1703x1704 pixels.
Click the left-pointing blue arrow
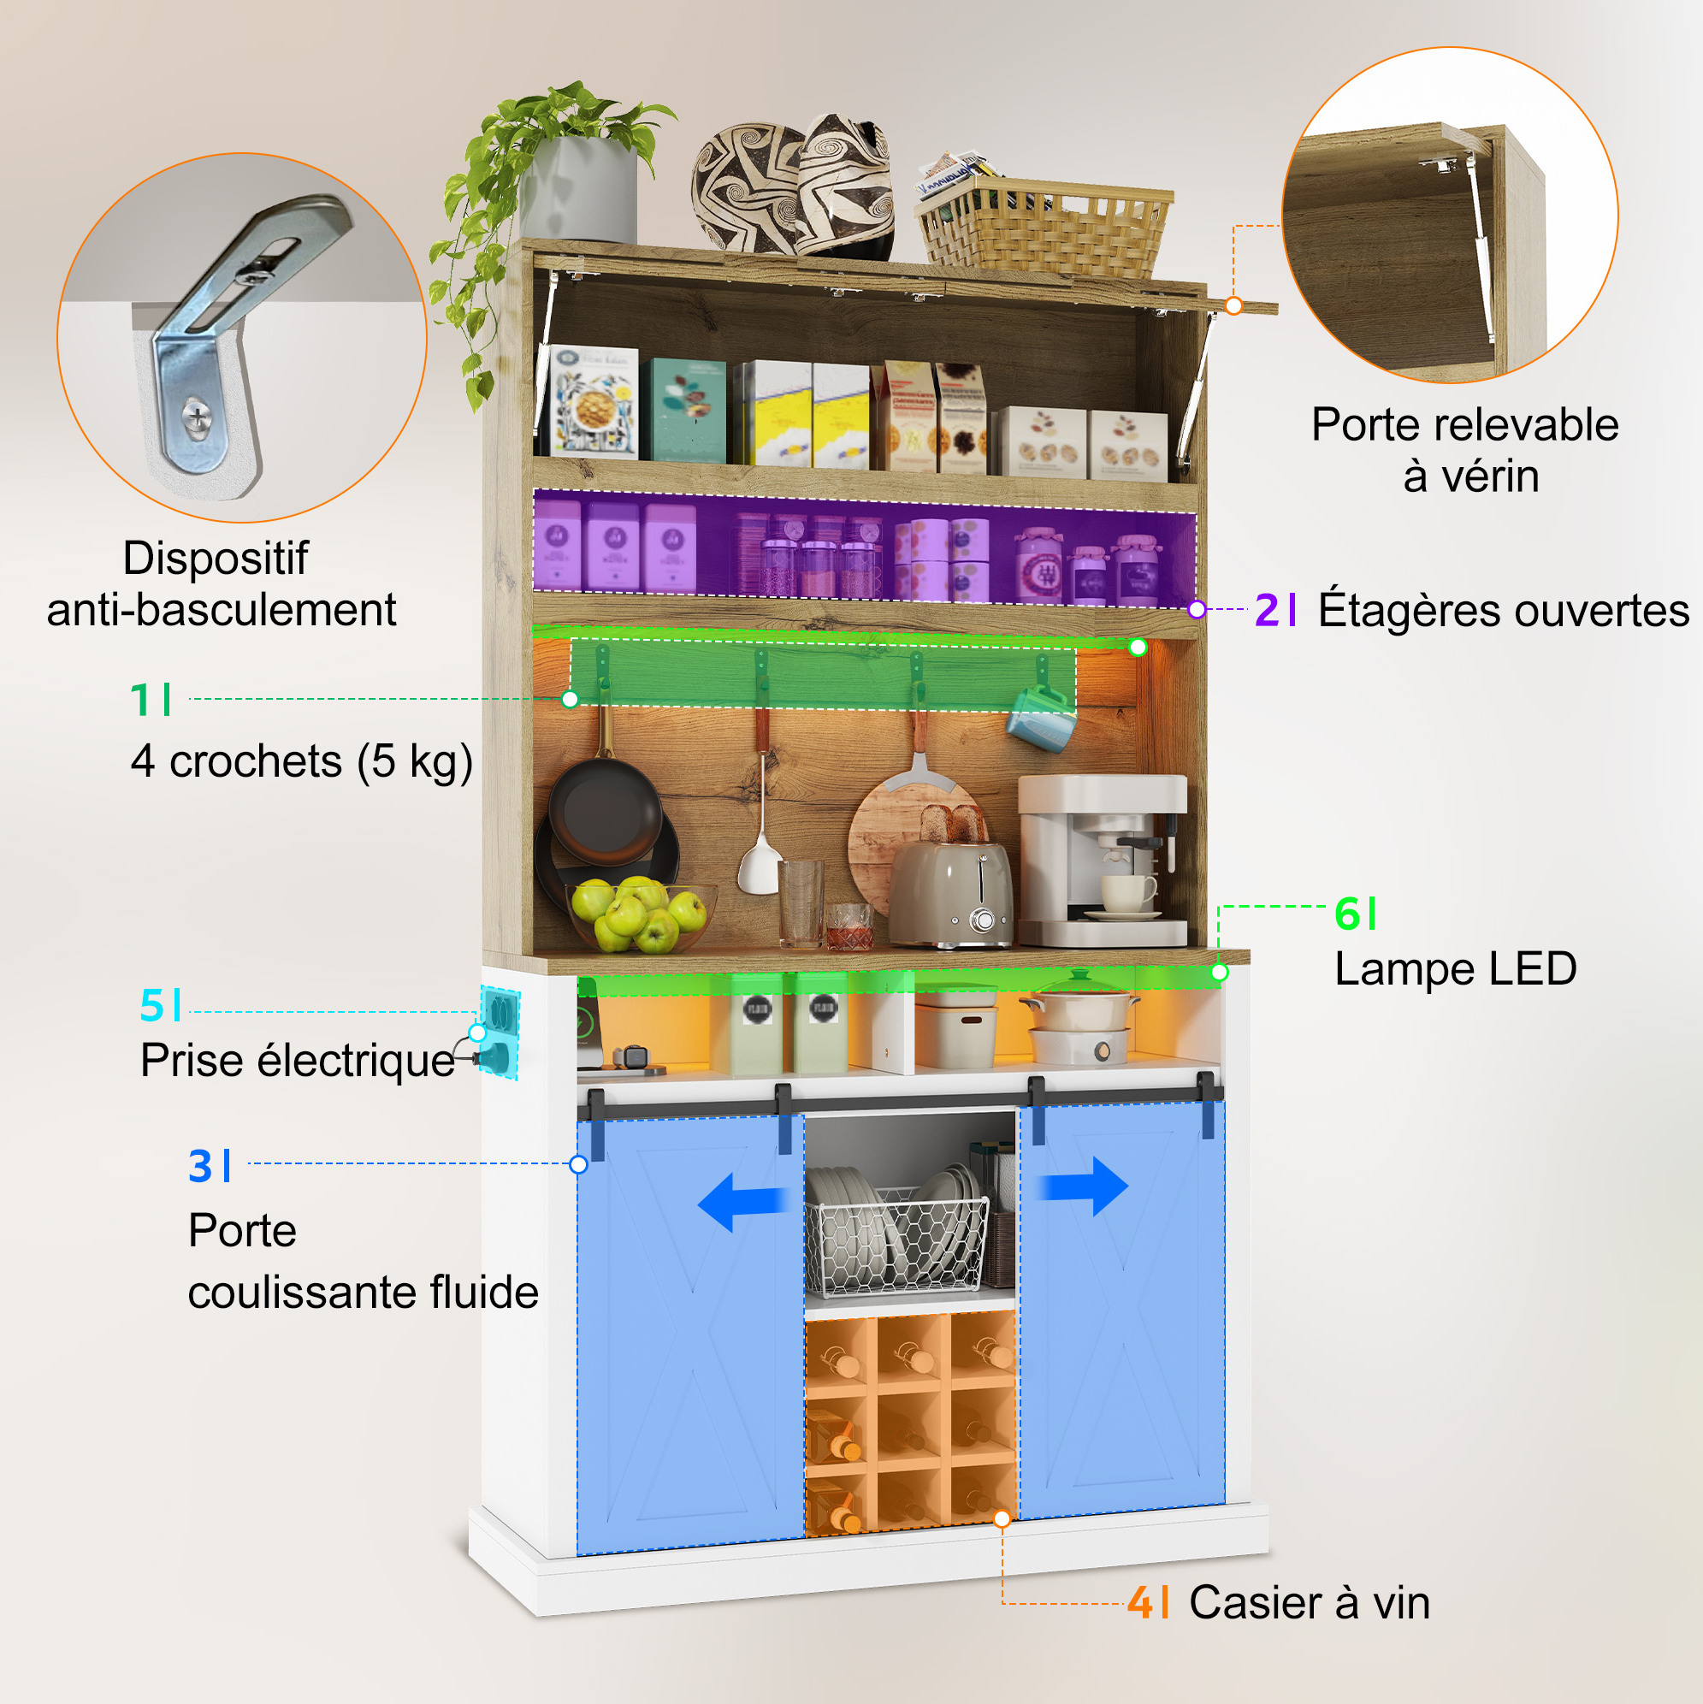coord(742,1201)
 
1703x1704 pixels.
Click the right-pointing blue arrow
coord(1082,1186)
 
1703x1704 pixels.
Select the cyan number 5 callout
coord(152,1005)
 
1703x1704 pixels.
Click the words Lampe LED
coord(1455,969)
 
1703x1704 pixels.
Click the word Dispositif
coord(216,559)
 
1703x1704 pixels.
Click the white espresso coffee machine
coord(1103,860)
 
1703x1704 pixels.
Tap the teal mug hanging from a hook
coord(1042,718)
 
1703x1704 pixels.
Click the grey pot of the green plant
coord(577,190)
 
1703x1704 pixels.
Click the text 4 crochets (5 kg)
coord(302,761)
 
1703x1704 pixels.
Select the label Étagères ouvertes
coord(1504,609)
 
